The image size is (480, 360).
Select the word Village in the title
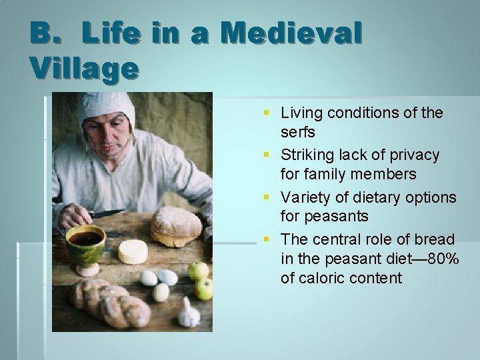tap(84, 67)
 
